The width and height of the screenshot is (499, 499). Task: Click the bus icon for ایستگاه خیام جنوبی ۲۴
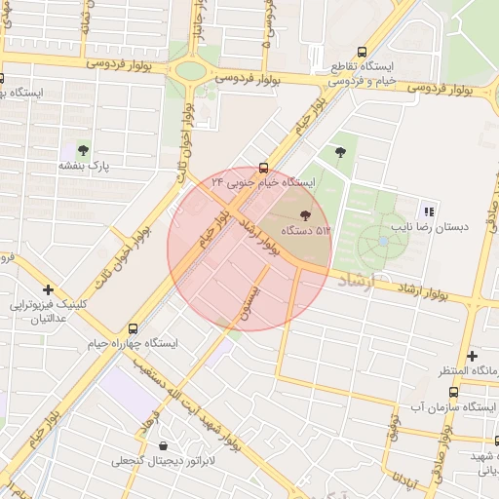click(263, 167)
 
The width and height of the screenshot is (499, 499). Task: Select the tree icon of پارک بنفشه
click(82, 150)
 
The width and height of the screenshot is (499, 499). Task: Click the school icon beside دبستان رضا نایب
click(427, 210)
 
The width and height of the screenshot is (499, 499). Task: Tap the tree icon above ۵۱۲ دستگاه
click(306, 212)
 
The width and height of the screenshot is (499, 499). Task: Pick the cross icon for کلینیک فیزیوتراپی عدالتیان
click(48, 289)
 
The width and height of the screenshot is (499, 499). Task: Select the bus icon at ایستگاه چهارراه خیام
click(133, 327)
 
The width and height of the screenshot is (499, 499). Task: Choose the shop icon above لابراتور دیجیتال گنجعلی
click(163, 444)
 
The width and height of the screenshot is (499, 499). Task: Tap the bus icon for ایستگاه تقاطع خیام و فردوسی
click(363, 52)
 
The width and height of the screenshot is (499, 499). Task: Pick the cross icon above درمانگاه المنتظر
click(473, 356)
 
